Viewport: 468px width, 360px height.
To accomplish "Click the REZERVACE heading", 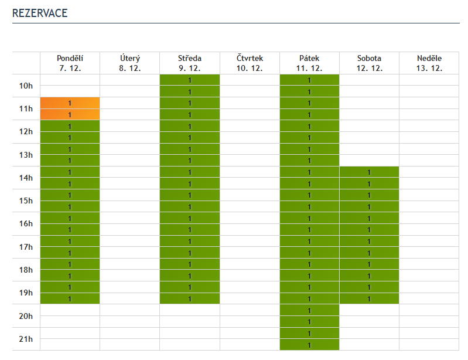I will tap(40, 13).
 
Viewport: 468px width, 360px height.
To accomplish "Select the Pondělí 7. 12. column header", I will tap(70, 63).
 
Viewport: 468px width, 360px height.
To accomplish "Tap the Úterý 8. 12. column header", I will tap(130, 63).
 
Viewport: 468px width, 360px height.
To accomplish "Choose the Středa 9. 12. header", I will tap(190, 63).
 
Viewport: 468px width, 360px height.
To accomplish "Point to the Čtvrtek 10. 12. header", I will tap(250, 63).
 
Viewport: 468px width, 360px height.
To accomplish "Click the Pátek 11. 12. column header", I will tap(309, 63).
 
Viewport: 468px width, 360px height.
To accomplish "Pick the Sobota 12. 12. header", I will tap(369, 63).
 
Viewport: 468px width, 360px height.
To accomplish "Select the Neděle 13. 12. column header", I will tap(429, 63).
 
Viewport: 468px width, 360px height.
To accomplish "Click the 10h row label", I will tap(26, 86).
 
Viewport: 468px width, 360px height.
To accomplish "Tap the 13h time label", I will tap(26, 155).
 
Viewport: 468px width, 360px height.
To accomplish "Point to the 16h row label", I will tap(26, 224).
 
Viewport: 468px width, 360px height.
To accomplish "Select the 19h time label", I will tap(26, 293).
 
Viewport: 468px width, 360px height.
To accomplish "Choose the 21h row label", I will tap(26, 339).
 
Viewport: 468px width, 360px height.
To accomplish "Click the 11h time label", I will tap(26, 109).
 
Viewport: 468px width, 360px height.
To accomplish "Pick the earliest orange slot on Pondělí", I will tap(70, 103).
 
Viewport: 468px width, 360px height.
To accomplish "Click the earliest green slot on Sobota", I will tap(369, 172).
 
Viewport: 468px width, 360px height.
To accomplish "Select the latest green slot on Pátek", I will tap(309, 345).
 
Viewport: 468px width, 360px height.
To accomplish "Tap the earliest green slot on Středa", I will tap(190, 80).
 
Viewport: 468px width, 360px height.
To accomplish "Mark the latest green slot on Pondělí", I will tap(70, 298).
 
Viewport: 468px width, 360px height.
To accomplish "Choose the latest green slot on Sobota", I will tap(369, 298).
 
